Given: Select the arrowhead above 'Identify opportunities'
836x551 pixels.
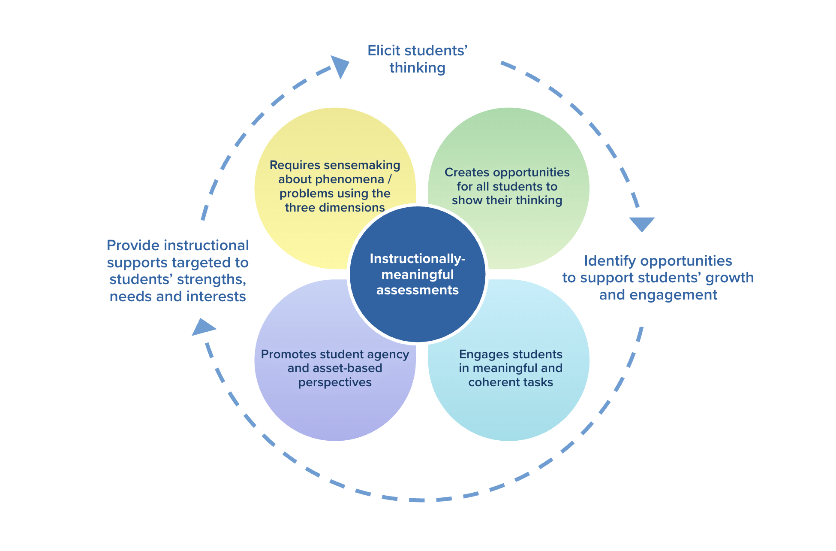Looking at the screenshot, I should point(642,223).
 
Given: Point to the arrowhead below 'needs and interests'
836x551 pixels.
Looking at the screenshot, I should point(202,327).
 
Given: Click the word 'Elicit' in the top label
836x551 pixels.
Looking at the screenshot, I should point(384,51).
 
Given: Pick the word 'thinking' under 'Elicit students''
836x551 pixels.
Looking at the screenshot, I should point(417,68).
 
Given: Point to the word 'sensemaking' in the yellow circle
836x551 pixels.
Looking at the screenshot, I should point(362,165).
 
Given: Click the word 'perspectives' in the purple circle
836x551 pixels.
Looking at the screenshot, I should point(335,382).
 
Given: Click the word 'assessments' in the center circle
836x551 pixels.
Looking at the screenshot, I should point(417,290).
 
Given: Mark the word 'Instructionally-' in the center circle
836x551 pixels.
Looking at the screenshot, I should point(417,259).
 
